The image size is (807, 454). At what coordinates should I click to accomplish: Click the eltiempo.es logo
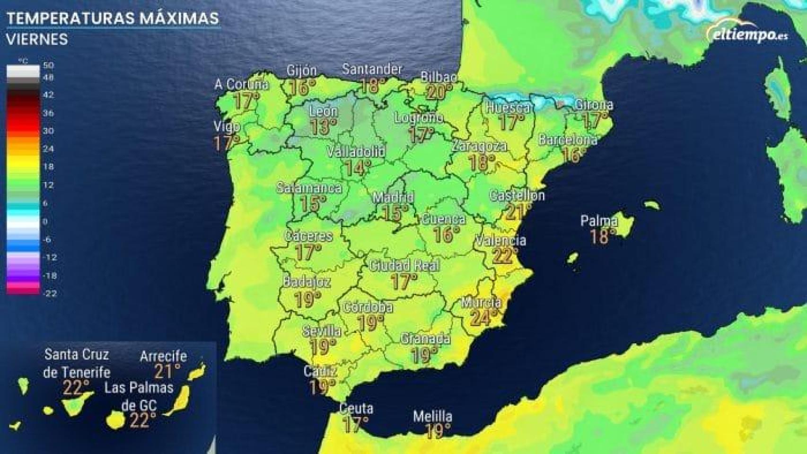click(747, 34)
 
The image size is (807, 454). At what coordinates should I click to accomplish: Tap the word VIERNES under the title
click(37, 39)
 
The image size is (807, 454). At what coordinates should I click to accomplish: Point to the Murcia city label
click(481, 302)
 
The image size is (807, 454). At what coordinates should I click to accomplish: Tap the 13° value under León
click(323, 127)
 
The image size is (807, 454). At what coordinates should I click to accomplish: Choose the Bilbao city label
click(439, 77)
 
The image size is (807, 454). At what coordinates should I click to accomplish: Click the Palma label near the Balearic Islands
click(599, 221)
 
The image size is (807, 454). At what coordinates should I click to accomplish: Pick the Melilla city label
click(432, 417)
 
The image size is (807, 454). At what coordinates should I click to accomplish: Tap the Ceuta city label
click(356, 409)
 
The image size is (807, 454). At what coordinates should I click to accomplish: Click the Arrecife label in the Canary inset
click(163, 356)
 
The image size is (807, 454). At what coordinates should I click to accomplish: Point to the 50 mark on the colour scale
click(48, 65)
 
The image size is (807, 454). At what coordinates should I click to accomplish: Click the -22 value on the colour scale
click(49, 293)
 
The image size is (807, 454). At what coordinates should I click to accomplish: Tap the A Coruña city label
click(241, 85)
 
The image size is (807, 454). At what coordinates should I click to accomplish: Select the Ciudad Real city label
click(404, 265)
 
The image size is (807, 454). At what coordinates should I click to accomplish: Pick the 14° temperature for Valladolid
click(357, 167)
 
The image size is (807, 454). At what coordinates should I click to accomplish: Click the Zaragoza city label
click(479, 146)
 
